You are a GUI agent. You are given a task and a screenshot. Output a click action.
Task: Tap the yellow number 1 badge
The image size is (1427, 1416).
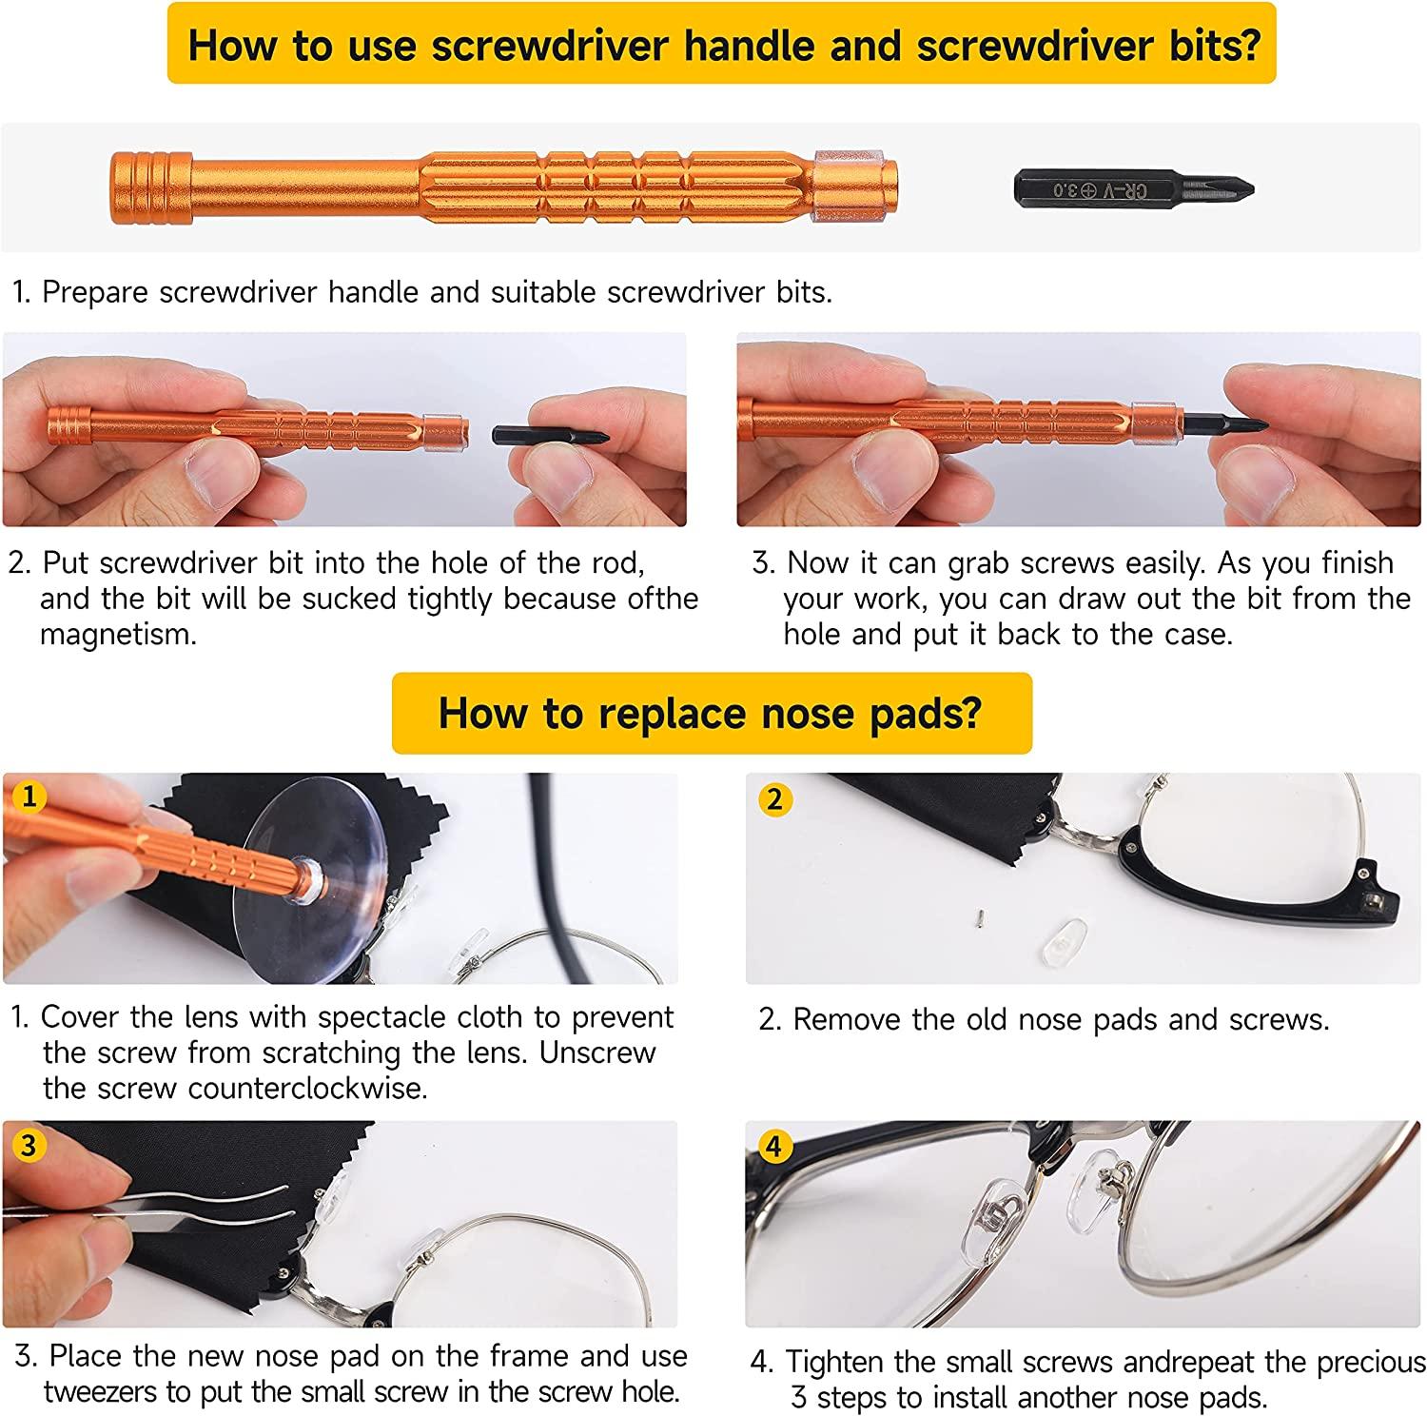click(x=29, y=796)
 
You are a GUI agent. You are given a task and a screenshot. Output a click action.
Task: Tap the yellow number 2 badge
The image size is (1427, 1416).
click(x=774, y=799)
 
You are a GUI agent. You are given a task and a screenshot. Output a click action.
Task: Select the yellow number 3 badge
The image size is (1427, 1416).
click(x=29, y=1145)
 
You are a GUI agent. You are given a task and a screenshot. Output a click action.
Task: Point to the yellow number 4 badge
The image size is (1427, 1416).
click(x=774, y=1147)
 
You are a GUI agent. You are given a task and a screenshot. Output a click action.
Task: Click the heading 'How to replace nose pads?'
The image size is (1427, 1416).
click(x=711, y=713)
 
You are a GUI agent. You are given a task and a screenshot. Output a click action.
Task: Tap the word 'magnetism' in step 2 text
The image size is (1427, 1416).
click(x=117, y=635)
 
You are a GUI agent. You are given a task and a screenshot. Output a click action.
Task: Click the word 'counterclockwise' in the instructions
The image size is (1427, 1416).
click(x=306, y=1088)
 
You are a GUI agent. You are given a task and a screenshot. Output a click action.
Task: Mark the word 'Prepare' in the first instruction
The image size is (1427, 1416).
click(x=96, y=292)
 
